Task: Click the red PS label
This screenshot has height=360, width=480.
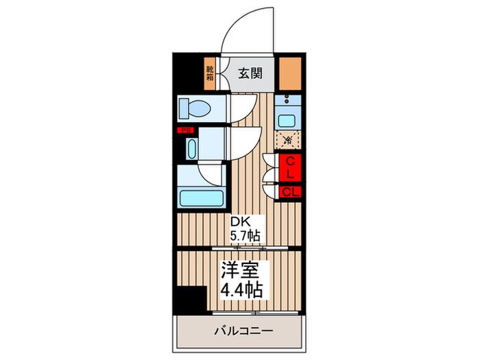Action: click(x=184, y=130)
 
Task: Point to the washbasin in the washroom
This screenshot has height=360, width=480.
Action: click(x=191, y=147)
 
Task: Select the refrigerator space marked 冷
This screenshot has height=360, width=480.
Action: click(x=289, y=141)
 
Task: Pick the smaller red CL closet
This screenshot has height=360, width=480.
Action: click(x=290, y=191)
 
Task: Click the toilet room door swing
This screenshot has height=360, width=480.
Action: click(x=240, y=110)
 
